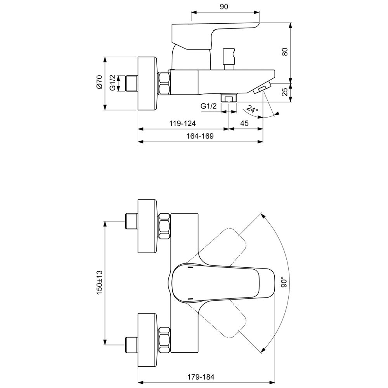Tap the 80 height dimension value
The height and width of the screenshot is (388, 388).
(x=286, y=52)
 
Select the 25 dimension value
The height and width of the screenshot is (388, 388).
(x=286, y=92)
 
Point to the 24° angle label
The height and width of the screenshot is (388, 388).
(x=253, y=110)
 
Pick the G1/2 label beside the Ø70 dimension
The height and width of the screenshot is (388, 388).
(x=112, y=83)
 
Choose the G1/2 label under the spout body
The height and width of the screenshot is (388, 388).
(x=208, y=106)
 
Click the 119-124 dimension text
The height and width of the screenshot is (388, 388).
(x=182, y=123)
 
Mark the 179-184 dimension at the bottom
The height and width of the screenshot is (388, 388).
(x=201, y=377)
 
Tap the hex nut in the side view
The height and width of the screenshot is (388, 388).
(x=165, y=83)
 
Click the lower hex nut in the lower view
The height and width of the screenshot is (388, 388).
(x=165, y=340)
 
